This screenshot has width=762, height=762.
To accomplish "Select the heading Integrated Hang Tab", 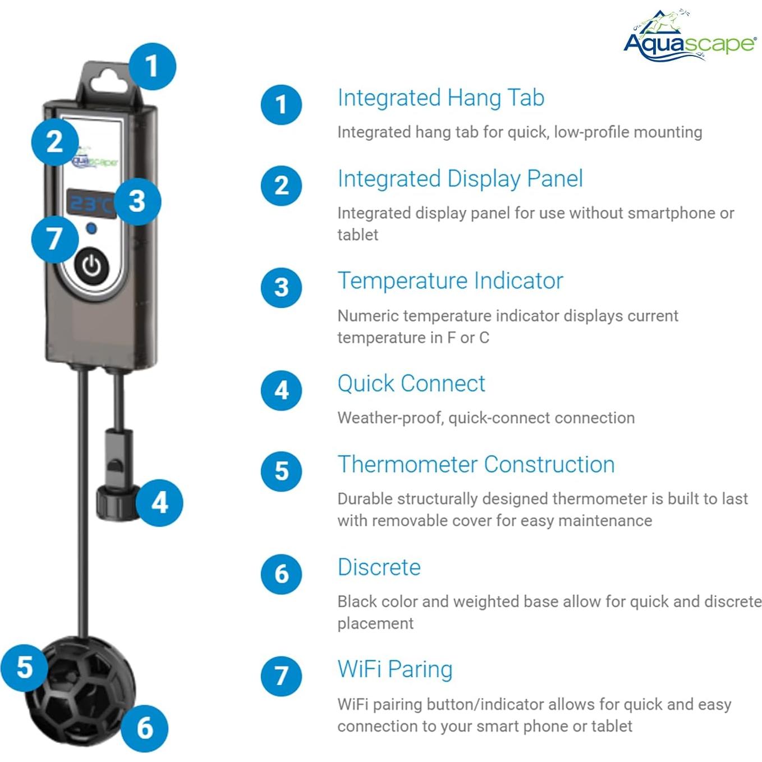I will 440,98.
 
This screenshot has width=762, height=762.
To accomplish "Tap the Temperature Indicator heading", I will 450,281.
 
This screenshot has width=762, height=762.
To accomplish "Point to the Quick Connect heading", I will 411,384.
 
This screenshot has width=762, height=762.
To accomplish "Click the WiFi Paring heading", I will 395,669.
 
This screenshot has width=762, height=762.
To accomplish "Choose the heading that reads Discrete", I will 379,567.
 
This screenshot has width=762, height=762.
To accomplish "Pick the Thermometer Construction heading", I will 476,465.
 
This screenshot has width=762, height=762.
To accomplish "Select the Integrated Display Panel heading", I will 460,179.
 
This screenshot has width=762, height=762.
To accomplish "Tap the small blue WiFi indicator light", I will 91,229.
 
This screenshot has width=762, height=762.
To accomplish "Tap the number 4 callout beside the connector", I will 160,502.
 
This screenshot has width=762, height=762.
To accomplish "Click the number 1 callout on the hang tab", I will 152,66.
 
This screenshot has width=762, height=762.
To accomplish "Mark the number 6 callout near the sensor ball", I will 145,728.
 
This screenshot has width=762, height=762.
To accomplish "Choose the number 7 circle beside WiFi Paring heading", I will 282,676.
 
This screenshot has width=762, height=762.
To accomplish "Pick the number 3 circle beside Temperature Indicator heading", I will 282,287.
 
